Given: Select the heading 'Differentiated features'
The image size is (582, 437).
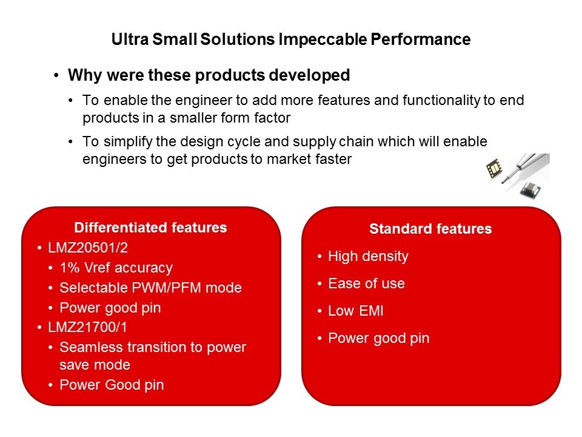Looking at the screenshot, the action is pos(150,228).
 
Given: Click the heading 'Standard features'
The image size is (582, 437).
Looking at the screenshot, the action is pos(430,229).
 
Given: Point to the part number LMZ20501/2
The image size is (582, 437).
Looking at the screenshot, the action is pos(88,248).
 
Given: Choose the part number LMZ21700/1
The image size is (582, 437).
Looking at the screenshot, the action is pos(87,327).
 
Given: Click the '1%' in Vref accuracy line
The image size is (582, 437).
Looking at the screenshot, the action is pos(70,268).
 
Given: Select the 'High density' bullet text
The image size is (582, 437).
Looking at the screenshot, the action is pos(368,256).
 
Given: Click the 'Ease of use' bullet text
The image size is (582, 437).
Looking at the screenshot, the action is pos(366,283).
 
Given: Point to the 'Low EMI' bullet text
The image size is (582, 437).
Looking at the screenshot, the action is pos(356,311).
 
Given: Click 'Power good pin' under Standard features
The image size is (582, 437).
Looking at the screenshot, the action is pos(378,338).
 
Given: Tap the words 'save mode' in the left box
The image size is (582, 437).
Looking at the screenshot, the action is pos(95,365).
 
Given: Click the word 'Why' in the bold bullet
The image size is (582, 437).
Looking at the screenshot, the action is pos(85,75).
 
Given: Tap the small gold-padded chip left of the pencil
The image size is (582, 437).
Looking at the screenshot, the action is pos(494,168).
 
